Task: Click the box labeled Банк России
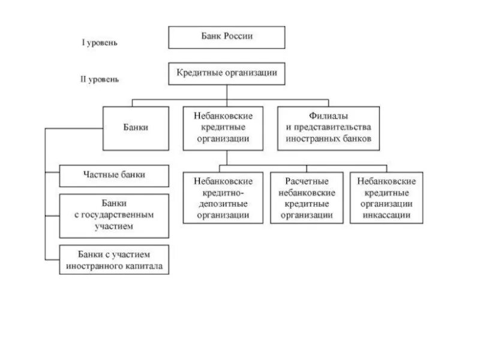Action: point(226,37)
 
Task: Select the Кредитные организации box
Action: point(226,73)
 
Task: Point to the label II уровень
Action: point(100,79)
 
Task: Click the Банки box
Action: point(137,128)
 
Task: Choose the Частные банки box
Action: point(114,175)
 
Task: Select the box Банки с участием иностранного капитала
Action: point(114,259)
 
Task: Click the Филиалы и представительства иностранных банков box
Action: point(328,128)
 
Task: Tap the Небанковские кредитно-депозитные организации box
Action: point(223,197)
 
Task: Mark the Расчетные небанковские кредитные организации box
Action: point(307,197)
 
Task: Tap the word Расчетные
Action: point(307,181)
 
